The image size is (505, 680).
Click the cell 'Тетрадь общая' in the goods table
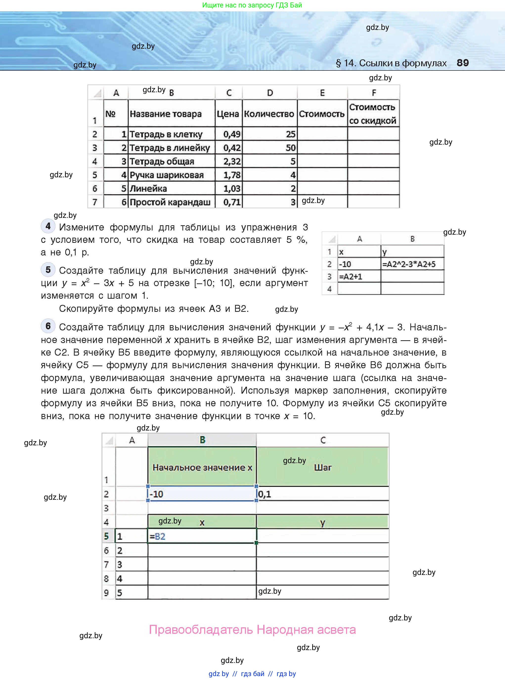click(x=162, y=161)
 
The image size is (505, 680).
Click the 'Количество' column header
click(x=269, y=114)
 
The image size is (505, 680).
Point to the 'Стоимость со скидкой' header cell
click(x=373, y=114)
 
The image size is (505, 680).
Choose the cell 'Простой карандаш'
click(x=170, y=202)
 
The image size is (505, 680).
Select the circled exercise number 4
click(x=48, y=226)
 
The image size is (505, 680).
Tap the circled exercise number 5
click(x=48, y=270)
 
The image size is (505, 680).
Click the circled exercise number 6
click(x=48, y=326)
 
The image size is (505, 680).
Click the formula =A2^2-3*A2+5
click(x=409, y=264)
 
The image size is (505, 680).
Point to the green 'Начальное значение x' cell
click(x=202, y=467)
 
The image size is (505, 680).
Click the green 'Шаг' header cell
click(x=323, y=467)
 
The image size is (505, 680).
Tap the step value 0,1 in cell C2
click(x=265, y=494)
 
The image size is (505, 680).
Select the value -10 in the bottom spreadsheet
click(x=156, y=494)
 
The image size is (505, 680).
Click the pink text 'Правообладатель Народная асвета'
click(x=252, y=630)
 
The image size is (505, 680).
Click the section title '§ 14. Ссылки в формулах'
click(x=391, y=63)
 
